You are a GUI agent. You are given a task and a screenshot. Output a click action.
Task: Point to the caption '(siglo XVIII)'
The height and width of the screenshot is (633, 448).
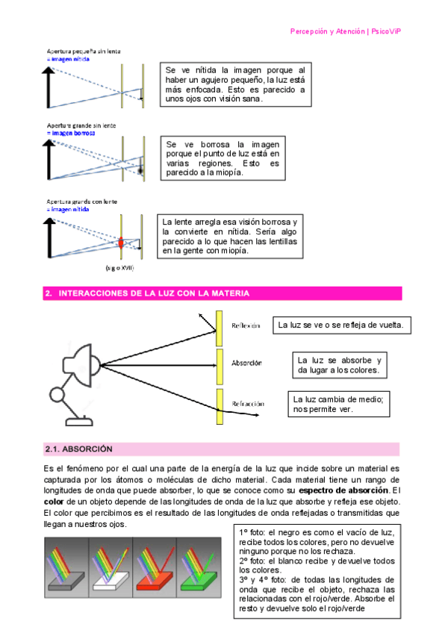(117, 266)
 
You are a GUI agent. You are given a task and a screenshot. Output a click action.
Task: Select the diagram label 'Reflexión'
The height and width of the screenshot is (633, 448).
(246, 325)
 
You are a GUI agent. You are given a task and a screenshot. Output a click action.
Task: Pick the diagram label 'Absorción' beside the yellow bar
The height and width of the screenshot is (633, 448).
(246, 363)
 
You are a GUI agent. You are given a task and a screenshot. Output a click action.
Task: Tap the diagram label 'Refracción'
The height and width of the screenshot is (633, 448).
(249, 403)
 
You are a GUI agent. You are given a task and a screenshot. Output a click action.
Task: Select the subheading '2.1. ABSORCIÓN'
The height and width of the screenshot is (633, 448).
(78, 449)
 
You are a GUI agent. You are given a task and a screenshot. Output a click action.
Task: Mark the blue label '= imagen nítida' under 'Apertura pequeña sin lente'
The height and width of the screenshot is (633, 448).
(68, 57)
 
